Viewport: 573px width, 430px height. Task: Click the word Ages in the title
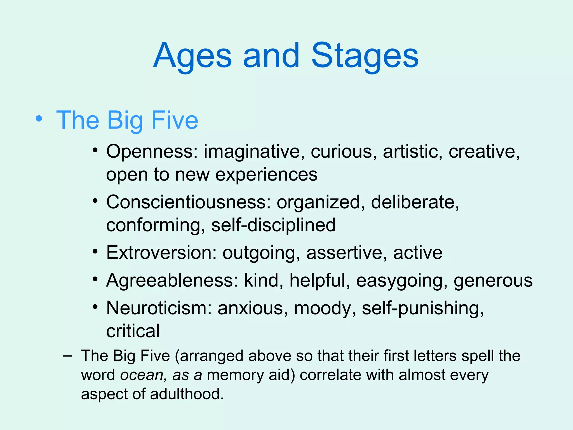pyautogui.click(x=192, y=56)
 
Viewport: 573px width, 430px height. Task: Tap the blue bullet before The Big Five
pyautogui.click(x=39, y=119)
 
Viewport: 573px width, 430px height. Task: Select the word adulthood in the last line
pyautogui.click(x=187, y=394)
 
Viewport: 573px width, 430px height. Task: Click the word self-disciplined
pyautogui.click(x=273, y=225)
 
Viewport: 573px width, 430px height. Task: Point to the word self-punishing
pyautogui.click(x=423, y=309)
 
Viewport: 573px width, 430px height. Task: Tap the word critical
pyautogui.click(x=133, y=331)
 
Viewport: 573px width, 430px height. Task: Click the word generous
pyautogui.click(x=493, y=281)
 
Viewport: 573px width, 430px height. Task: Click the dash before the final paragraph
pyautogui.click(x=67, y=356)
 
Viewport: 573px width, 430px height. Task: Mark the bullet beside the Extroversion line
pyautogui.click(x=95, y=251)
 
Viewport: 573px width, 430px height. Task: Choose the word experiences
pyautogui.click(x=266, y=175)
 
